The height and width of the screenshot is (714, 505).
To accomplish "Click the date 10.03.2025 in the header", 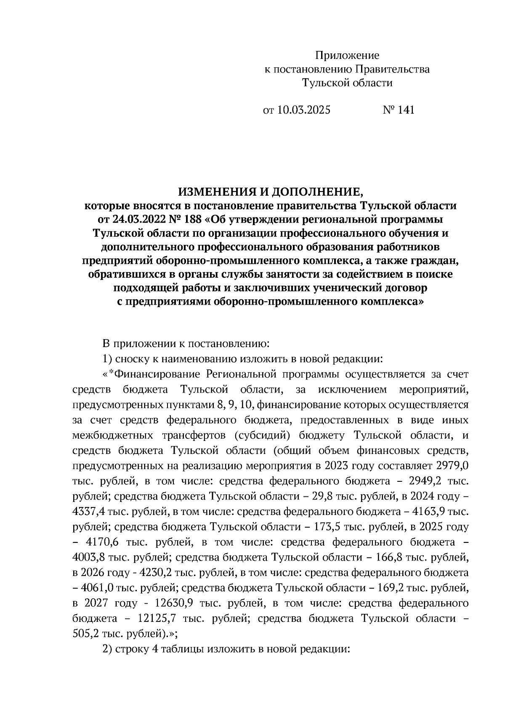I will (303, 110).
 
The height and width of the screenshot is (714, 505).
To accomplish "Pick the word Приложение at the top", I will (348, 56).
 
